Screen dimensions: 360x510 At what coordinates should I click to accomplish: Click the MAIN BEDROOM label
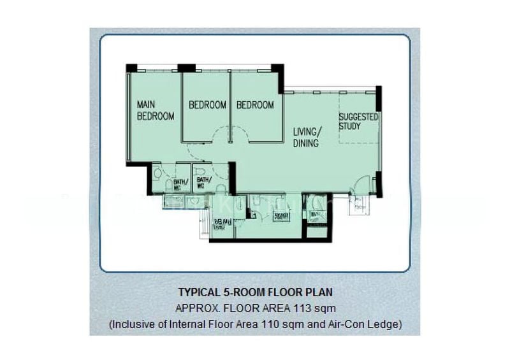click(x=156, y=110)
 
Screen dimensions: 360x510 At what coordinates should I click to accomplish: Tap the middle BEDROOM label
click(x=207, y=105)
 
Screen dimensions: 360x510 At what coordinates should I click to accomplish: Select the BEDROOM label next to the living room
click(x=255, y=105)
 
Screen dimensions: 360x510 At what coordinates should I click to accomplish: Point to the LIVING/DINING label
click(x=307, y=138)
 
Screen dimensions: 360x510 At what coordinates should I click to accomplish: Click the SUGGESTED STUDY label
click(x=358, y=122)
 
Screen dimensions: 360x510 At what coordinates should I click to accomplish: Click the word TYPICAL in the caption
click(x=198, y=293)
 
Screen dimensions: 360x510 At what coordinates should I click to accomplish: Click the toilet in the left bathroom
click(x=157, y=174)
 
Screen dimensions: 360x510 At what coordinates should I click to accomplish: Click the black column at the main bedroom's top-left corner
click(x=131, y=68)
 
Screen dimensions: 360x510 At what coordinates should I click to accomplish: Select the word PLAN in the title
click(x=319, y=293)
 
